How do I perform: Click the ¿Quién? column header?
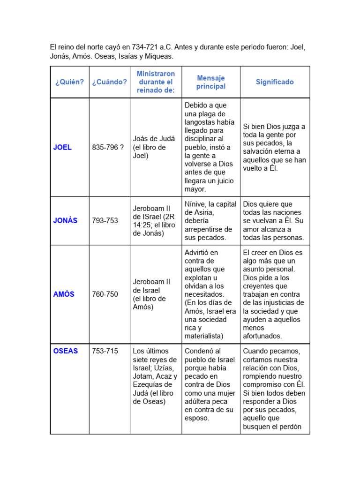coord(69,82)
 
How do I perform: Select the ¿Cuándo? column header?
coord(109,82)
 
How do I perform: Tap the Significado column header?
coord(275,82)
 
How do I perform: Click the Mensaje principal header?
coord(211,82)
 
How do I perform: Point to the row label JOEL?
coord(62,147)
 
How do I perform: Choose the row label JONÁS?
coord(66,220)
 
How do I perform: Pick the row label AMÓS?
coord(64,294)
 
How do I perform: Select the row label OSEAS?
coord(66,351)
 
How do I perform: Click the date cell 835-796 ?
coord(108,147)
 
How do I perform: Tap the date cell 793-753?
coord(105,220)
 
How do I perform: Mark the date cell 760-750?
coord(105,294)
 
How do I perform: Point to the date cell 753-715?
coord(105,351)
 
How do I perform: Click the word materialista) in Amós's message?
coord(204,336)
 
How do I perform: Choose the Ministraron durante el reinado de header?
coord(156,82)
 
